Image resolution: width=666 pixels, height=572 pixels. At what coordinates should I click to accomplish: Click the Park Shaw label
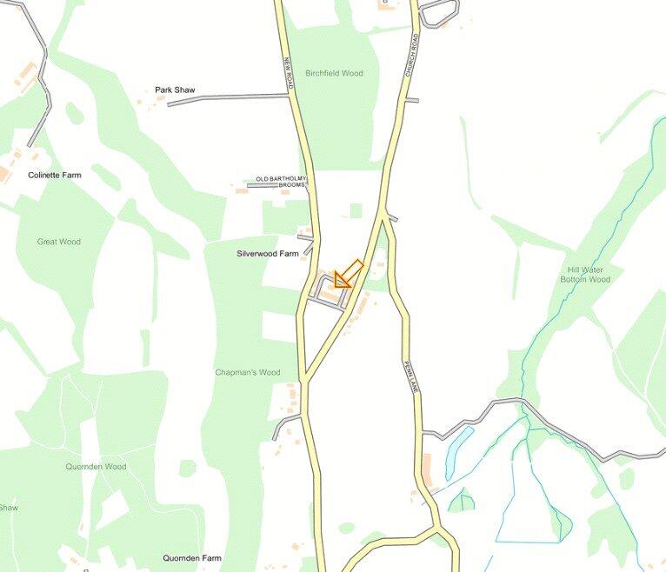[175, 90]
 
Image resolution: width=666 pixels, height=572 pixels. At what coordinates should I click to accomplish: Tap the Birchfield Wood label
[334, 73]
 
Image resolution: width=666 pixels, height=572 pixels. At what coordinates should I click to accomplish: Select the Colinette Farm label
[54, 175]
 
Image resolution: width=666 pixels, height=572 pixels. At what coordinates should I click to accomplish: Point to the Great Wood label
[58, 242]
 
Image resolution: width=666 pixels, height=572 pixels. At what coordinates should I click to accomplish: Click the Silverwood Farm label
[267, 254]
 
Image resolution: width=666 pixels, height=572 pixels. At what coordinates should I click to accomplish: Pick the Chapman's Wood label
[248, 372]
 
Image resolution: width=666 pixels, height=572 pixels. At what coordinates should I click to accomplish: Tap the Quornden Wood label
[96, 467]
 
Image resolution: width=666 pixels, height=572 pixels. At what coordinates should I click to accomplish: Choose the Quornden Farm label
[192, 558]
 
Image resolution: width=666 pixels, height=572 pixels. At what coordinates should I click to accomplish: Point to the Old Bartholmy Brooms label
[281, 182]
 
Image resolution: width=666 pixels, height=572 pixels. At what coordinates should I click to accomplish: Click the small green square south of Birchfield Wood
[355, 210]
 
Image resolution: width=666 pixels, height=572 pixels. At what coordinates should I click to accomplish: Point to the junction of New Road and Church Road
[304, 380]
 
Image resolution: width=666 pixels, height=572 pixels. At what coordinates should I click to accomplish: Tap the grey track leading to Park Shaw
[226, 99]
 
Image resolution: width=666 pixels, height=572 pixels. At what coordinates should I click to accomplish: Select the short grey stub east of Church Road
[411, 100]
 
